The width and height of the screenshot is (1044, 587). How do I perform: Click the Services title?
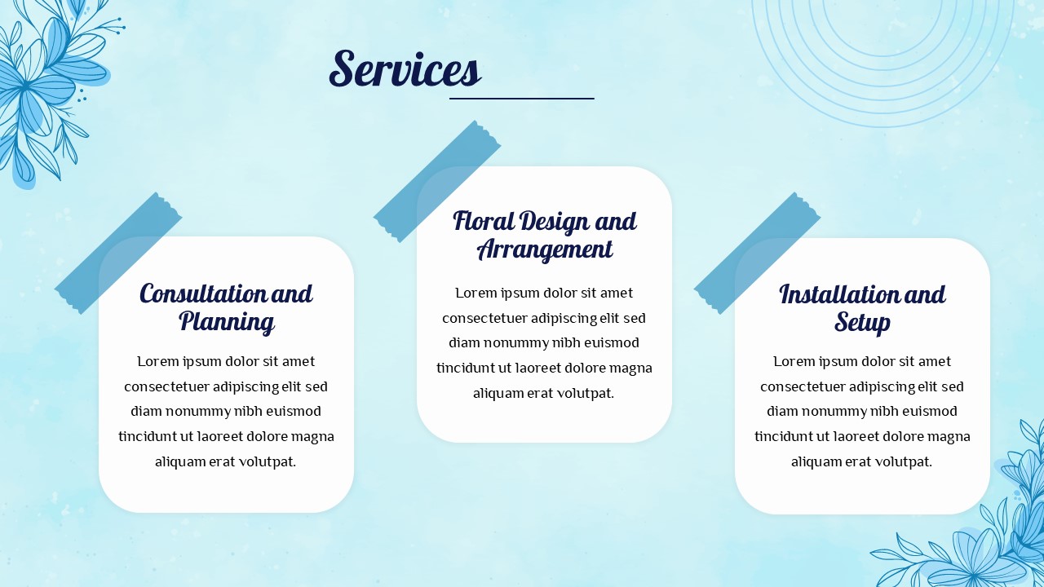[405, 69]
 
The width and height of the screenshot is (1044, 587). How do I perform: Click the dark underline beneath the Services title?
[521, 99]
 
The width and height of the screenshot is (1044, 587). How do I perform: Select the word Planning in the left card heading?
[227, 322]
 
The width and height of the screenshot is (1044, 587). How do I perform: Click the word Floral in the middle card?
[484, 221]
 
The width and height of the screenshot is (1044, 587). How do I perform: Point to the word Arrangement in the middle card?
[544, 249]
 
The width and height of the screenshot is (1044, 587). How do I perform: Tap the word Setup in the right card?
[862, 322]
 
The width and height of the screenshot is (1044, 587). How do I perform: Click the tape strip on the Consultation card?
[118, 253]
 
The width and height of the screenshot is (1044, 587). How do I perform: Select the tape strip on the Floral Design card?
[437, 181]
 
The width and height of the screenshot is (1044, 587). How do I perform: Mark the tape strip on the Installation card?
[757, 253]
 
